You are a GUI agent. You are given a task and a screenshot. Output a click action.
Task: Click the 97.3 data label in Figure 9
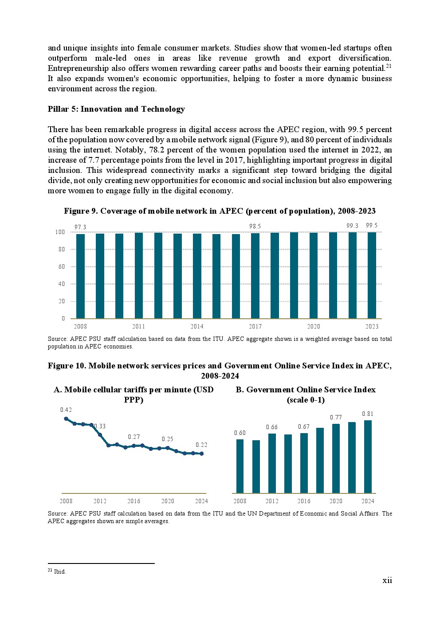coord(80,227)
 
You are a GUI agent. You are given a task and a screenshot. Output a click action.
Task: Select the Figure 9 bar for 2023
coord(372,275)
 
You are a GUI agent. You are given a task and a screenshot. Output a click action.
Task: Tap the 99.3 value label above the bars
coord(352,226)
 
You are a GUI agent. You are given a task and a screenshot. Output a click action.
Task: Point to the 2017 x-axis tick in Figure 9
coord(255,327)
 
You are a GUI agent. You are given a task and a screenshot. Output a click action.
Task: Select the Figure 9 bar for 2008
coord(80,276)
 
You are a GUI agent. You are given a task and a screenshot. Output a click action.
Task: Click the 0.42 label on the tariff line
coord(66,410)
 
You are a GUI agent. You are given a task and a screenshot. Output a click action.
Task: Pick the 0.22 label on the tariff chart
coord(201,445)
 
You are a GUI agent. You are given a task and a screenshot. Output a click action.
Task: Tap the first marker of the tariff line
coord(66,419)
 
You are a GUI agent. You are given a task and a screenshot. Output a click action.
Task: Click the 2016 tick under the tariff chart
coord(134,501)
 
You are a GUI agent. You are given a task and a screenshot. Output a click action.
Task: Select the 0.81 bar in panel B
coord(368,457)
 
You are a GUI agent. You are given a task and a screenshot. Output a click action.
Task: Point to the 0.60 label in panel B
coord(240,433)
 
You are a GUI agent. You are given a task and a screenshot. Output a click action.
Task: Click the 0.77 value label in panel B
coord(336,417)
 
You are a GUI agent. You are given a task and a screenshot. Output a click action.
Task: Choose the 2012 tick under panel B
coord(272,501)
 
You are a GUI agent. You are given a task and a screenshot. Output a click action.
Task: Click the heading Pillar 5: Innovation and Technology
coord(116,109)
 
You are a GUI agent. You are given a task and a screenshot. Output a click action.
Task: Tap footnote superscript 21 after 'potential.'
coord(389,66)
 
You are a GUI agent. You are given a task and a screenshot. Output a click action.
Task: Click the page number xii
coord(387,580)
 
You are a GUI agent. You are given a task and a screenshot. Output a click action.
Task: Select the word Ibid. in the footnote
coord(60,571)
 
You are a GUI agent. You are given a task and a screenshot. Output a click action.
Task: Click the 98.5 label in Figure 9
coord(255,226)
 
